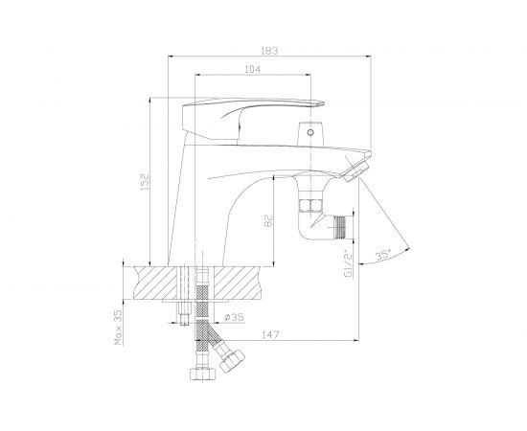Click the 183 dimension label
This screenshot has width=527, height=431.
[x=269, y=51]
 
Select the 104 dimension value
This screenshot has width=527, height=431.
[x=252, y=69]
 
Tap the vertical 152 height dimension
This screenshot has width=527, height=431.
[x=144, y=182]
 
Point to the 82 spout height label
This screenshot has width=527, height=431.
[x=268, y=220]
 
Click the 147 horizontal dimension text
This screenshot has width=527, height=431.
[x=270, y=334]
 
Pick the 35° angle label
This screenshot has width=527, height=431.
[x=383, y=255]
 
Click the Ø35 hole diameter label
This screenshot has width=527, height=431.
[x=234, y=317]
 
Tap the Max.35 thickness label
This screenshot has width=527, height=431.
[x=118, y=328]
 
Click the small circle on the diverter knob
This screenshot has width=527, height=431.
[x=310, y=132]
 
